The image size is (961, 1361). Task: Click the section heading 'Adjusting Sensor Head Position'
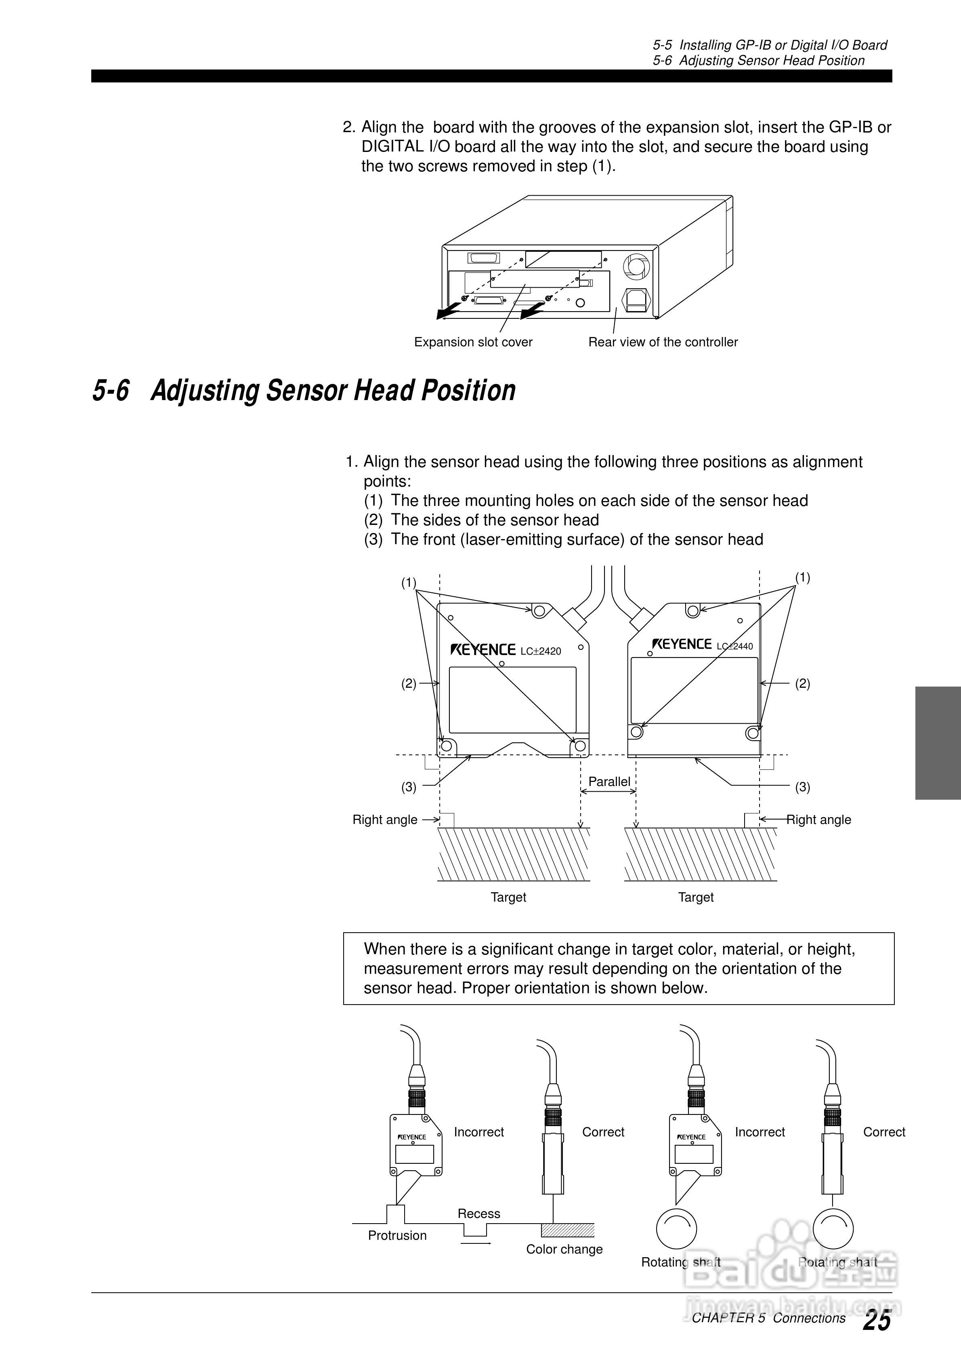pos(333,391)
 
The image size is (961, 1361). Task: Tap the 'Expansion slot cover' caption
pos(473,342)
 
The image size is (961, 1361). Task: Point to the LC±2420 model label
pos(540,651)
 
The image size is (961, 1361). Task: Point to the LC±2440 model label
pos(734,646)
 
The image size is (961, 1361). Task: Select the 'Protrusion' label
pos(397,1235)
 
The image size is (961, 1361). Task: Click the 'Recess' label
pos(479,1214)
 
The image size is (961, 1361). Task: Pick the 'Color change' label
pos(564,1249)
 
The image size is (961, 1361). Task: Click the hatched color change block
pos(568,1229)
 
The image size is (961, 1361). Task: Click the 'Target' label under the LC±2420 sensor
pos(508,897)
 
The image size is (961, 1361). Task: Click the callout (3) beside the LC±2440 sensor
pos(802,787)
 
